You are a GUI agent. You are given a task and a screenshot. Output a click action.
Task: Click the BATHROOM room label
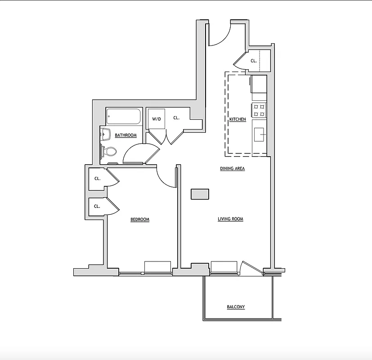coord(125,135)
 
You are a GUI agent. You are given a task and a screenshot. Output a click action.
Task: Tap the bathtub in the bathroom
coord(124,117)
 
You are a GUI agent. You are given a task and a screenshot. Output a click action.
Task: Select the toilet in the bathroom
coord(108,151)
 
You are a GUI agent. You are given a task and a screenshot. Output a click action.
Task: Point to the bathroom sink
coord(106,133)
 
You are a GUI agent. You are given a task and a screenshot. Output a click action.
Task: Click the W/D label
coord(156,119)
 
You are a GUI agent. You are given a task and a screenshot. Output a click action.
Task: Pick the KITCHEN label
coord(238,119)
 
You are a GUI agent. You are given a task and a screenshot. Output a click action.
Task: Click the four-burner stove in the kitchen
coord(259,110)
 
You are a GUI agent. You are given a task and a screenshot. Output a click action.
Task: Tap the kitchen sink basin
coord(259,134)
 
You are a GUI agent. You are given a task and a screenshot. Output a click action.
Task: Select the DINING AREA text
coord(232,169)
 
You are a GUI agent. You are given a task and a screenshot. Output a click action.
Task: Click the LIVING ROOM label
coord(230,219)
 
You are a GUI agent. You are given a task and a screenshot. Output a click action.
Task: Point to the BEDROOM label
coord(139,220)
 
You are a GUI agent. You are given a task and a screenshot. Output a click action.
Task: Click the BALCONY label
coord(236,307)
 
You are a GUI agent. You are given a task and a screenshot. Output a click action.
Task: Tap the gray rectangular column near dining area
coord(200,194)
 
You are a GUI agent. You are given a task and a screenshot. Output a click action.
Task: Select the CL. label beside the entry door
coord(254,61)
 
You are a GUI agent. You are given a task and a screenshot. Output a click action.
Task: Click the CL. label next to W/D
coord(176,118)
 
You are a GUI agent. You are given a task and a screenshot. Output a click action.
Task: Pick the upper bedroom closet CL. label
coord(97,178)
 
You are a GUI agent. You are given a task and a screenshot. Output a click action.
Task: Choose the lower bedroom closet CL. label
coord(97,207)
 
